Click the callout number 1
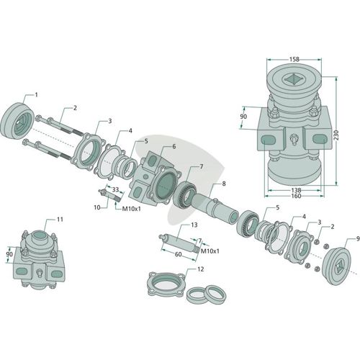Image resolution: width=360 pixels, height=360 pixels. (x=37, y=95)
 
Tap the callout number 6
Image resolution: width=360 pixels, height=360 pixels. (x=174, y=146)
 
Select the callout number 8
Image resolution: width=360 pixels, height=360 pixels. (x=224, y=184)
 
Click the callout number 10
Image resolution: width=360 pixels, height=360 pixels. (x=97, y=207)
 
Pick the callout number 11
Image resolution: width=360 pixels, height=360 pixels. (x=60, y=220)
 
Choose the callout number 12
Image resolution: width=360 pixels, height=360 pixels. (x=200, y=269)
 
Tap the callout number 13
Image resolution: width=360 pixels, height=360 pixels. (x=194, y=225)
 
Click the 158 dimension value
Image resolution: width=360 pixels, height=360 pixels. (x=294, y=59)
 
